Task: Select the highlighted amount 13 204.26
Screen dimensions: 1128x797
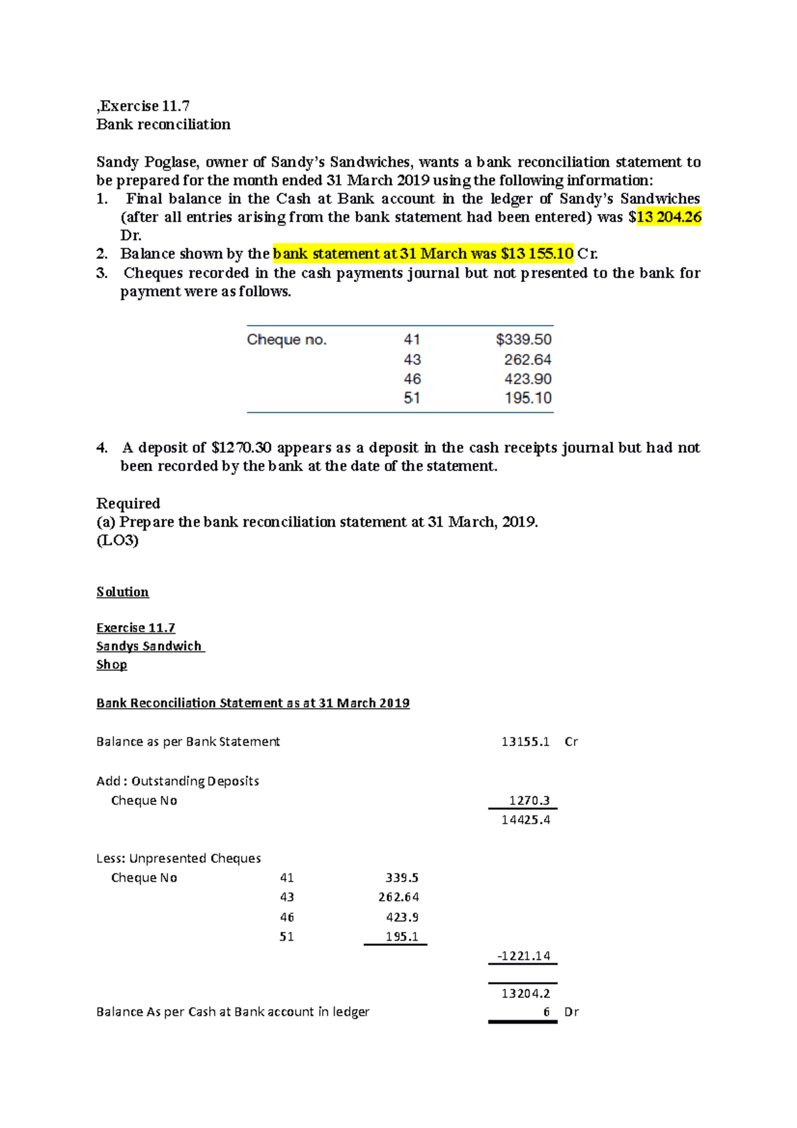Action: tap(668, 217)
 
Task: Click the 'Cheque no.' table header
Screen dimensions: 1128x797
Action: tap(286, 340)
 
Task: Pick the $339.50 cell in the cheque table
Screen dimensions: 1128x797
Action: tap(523, 340)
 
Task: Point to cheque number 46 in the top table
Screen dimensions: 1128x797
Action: tap(412, 379)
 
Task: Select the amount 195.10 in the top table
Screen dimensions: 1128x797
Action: tap(527, 398)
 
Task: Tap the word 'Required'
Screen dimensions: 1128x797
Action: tap(128, 504)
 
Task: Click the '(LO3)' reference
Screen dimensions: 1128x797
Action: tap(117, 540)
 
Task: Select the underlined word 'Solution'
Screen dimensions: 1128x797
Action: tap(122, 592)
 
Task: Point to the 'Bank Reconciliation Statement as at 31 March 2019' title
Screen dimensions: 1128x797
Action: tap(252, 704)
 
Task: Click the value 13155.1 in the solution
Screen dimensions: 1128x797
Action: tap(525, 742)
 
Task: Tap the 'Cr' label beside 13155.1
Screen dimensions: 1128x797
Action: tap(571, 742)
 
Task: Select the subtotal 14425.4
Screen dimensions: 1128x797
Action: tap(525, 820)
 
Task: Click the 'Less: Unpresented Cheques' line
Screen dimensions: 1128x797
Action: tap(178, 858)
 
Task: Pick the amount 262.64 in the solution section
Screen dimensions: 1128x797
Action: tap(398, 897)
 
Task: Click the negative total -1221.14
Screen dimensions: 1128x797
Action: tap(523, 956)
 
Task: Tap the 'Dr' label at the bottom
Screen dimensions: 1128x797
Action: tap(571, 1012)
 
